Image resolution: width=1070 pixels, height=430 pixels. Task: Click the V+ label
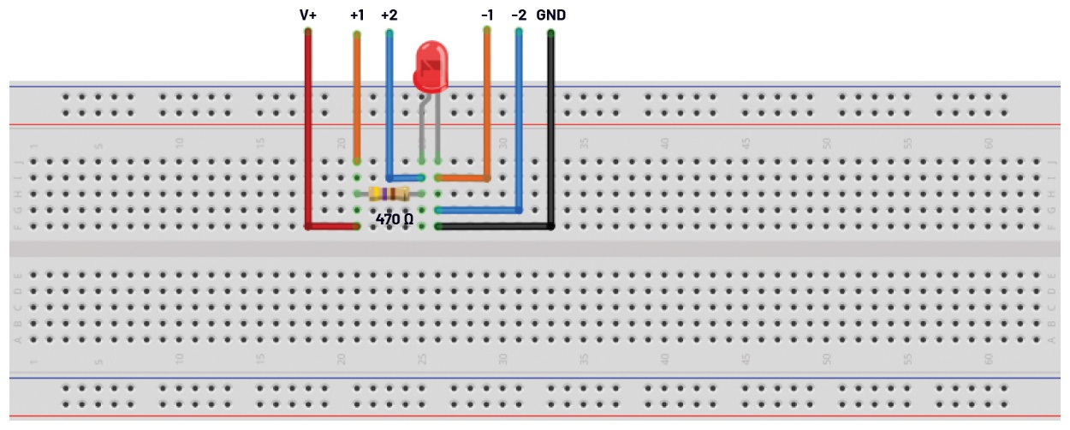(308, 15)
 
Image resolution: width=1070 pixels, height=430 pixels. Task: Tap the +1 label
(357, 15)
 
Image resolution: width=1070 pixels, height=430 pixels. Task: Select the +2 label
(389, 15)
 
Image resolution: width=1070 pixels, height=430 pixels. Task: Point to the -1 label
(487, 15)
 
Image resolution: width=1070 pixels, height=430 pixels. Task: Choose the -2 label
(519, 15)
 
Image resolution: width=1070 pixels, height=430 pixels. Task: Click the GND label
(550, 15)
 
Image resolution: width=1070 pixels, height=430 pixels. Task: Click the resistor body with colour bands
(388, 194)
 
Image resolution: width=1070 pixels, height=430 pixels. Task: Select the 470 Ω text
(395, 219)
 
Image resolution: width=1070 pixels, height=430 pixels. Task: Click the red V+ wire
(308, 128)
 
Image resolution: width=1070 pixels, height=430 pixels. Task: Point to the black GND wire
(550, 128)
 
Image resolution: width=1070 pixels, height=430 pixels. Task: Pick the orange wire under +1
(357, 94)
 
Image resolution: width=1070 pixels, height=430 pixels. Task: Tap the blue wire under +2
(389, 103)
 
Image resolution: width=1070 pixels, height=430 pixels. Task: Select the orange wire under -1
(487, 103)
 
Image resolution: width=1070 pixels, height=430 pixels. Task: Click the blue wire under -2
(519, 120)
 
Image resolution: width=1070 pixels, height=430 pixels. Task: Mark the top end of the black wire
(550, 33)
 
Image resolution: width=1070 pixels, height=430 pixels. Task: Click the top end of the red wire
(308, 33)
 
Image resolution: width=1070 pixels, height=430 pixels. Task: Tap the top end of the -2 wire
(519, 33)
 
